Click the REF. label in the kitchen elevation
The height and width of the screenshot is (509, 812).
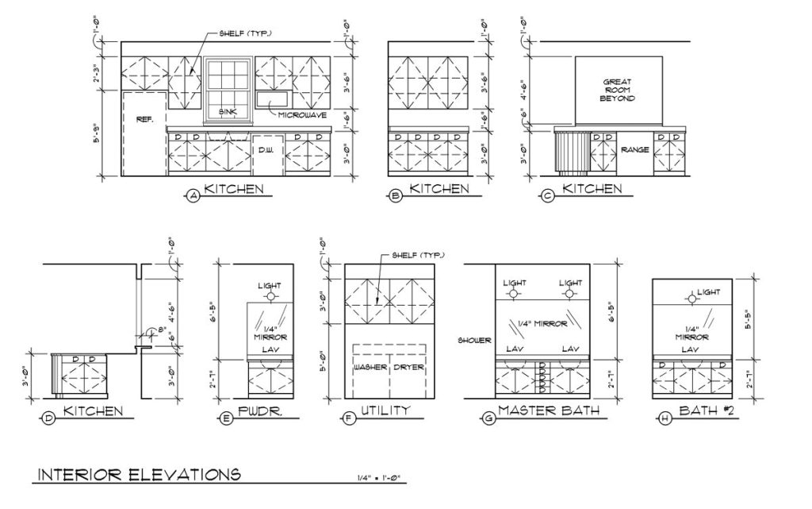(x=144, y=119)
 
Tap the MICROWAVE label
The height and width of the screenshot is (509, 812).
(x=302, y=115)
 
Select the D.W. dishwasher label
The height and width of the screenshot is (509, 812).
(x=266, y=150)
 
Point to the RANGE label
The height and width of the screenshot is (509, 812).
(x=635, y=150)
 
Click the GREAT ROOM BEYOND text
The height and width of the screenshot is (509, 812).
(x=617, y=90)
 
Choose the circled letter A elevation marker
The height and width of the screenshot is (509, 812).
(x=193, y=196)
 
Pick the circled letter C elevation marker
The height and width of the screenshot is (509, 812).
(x=547, y=196)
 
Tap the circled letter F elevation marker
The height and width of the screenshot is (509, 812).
(x=349, y=418)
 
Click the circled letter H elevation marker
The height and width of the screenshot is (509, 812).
(x=665, y=418)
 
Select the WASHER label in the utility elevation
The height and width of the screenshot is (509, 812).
(x=370, y=367)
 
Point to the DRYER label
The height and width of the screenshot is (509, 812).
(x=408, y=367)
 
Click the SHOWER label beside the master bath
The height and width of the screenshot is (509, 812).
(x=474, y=341)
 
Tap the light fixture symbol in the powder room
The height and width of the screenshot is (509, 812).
(x=270, y=297)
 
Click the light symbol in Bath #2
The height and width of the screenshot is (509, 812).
(x=691, y=299)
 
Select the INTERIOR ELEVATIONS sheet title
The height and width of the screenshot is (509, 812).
(x=140, y=474)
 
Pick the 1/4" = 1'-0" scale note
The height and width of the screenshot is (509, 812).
(x=380, y=478)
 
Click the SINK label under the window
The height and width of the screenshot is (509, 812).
(x=228, y=111)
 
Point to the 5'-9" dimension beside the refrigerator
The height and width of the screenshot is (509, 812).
(x=96, y=133)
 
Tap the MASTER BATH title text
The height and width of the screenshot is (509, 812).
(x=549, y=411)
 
